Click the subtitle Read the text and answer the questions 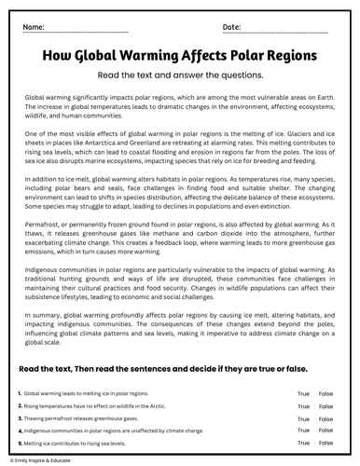coord(179,75)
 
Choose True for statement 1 coord(303,394)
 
